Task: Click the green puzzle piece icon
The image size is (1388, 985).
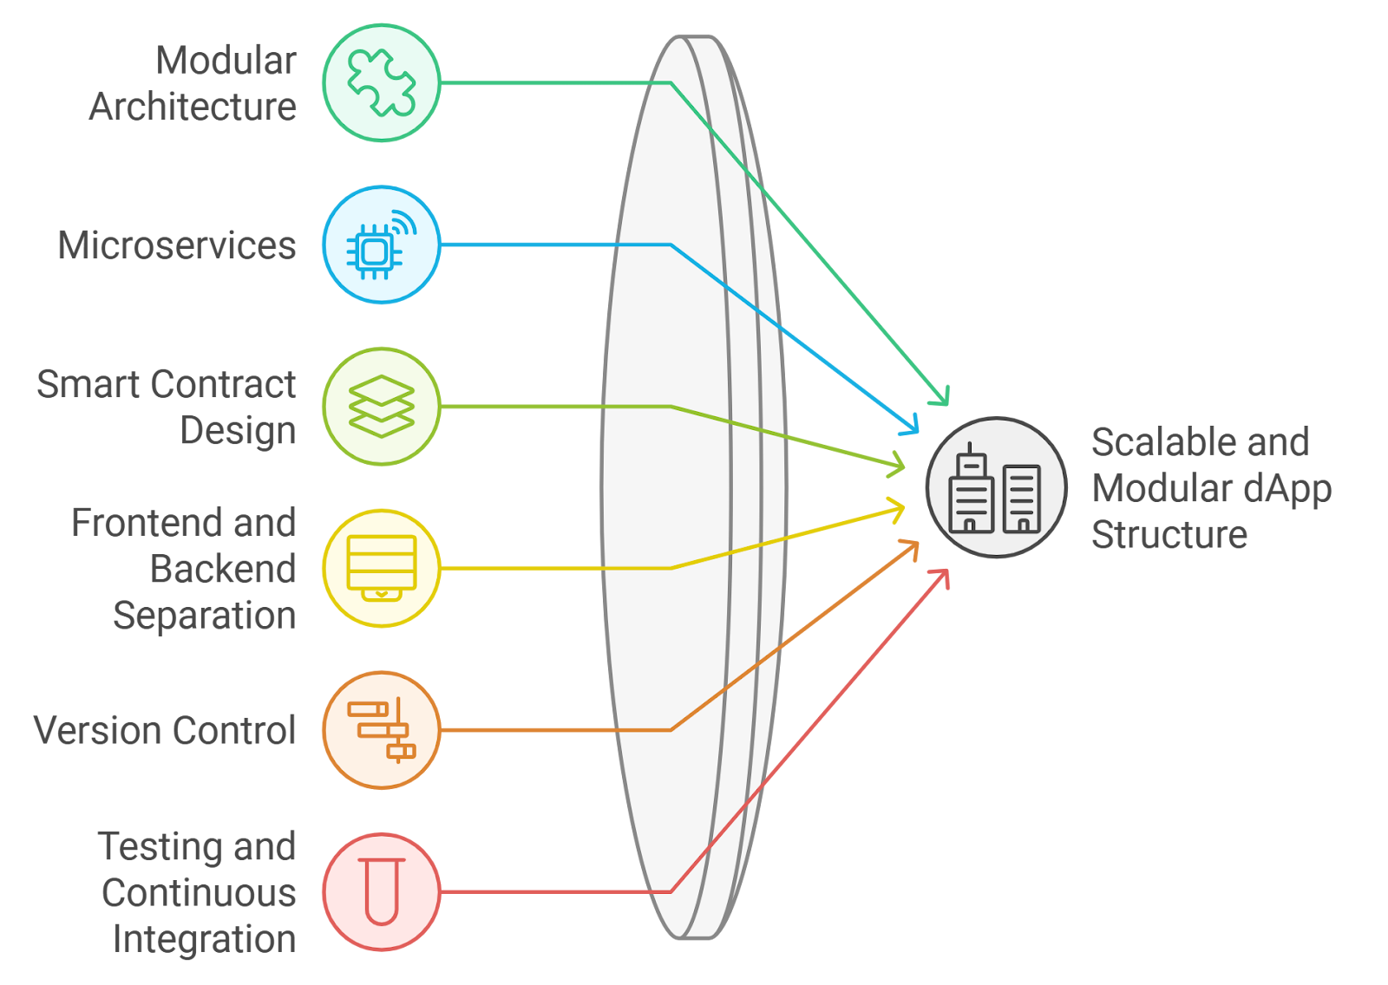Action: (x=381, y=82)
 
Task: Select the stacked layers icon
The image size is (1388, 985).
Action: (x=381, y=407)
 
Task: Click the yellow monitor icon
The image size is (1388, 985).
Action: (x=381, y=568)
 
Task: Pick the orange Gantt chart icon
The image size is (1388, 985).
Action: (x=381, y=730)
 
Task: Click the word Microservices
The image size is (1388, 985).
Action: (x=177, y=245)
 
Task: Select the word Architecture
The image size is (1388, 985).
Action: (x=192, y=107)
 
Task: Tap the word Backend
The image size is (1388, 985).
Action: (x=222, y=569)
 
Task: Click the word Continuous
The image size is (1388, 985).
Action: (x=199, y=893)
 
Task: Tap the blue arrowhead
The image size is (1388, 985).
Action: (x=910, y=425)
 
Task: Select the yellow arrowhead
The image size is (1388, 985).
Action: (x=895, y=510)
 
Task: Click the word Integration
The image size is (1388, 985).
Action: (x=204, y=940)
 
